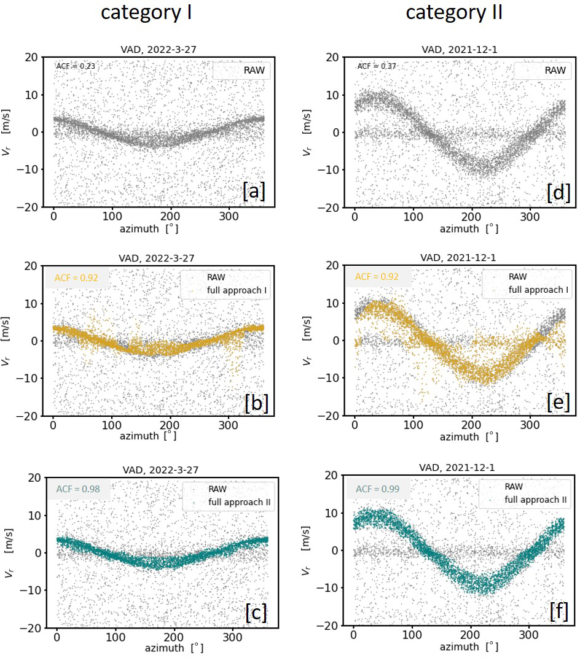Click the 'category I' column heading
(147, 13)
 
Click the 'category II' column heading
(455, 13)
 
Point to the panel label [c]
(256, 613)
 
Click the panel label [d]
(558, 192)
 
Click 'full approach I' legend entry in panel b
(233, 289)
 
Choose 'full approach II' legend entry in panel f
(535, 500)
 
